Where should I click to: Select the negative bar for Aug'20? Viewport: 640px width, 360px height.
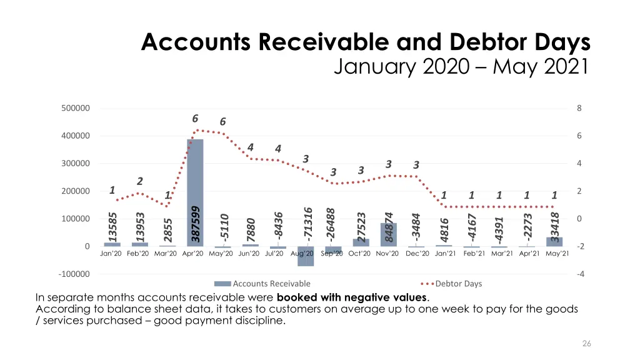click(x=306, y=256)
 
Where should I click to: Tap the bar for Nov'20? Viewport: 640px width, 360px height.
click(x=388, y=235)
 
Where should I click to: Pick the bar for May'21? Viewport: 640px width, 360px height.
click(x=554, y=242)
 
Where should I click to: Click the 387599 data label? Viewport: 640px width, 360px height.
click(x=196, y=224)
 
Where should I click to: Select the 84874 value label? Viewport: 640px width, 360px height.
click(x=389, y=227)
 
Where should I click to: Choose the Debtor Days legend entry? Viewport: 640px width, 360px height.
click(x=458, y=284)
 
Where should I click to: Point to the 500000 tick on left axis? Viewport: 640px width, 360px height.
click(x=76, y=108)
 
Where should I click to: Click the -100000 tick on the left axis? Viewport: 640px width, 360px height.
click(x=74, y=274)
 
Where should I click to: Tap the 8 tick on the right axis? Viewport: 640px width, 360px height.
click(x=579, y=108)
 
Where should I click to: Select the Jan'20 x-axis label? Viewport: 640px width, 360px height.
click(x=112, y=254)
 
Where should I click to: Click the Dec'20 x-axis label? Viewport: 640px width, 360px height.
click(x=417, y=254)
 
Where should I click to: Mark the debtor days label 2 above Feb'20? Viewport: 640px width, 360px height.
click(x=140, y=181)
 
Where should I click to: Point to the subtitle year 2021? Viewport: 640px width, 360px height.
click(x=560, y=65)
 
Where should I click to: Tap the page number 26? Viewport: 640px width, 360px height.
click(x=586, y=343)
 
